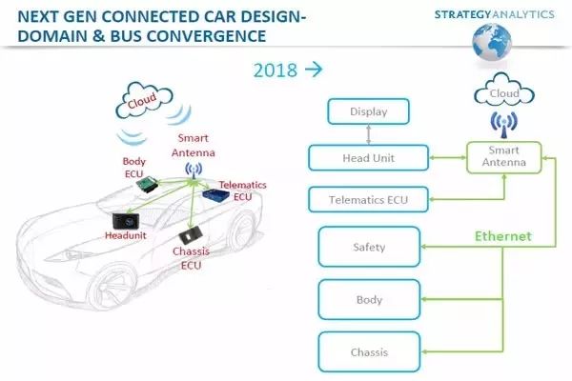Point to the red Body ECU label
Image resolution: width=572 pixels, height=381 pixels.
[134, 168]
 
